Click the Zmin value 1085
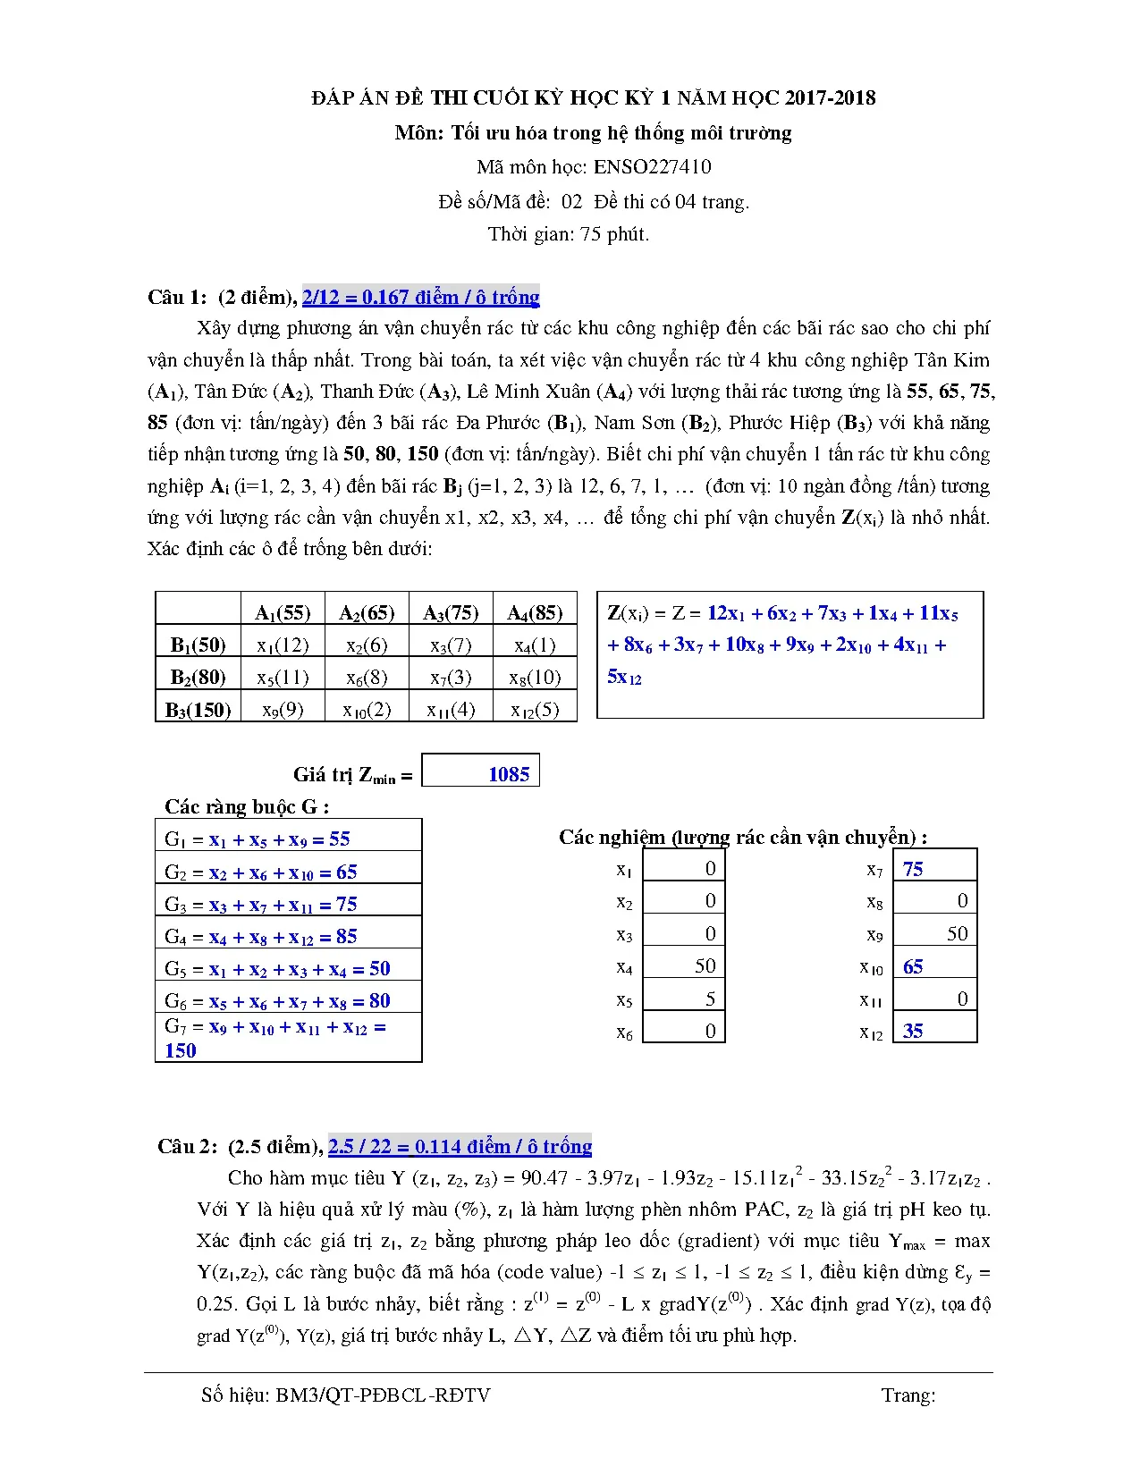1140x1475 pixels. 508,774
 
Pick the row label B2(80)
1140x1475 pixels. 198,678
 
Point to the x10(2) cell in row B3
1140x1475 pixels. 367,710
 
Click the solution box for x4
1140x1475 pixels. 683,965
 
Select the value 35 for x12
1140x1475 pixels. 913,1031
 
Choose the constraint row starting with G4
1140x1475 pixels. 261,937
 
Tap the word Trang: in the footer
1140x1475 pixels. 908,1395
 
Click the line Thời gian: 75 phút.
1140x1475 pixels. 569,234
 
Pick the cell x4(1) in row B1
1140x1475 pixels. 535,645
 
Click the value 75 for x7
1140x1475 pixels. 913,869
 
